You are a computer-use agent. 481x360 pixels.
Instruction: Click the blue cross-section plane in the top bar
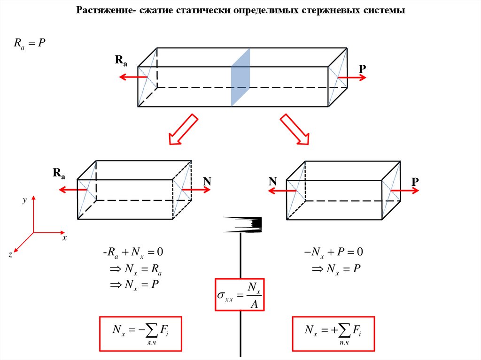tap(240, 77)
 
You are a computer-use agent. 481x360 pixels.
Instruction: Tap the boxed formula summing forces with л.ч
tap(140, 333)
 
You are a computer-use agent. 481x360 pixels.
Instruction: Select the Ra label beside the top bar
tap(120, 61)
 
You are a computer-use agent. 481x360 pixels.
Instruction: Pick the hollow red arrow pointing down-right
tap(295, 129)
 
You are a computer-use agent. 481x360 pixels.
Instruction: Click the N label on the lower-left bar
tap(207, 181)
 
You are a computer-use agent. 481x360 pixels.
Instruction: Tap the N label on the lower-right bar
tap(272, 181)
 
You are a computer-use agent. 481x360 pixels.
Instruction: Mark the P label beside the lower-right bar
tap(415, 181)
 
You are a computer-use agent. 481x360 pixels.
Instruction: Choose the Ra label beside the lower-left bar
tap(59, 174)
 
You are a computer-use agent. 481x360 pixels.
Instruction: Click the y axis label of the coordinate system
tap(24, 200)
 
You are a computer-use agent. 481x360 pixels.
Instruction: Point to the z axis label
tap(10, 254)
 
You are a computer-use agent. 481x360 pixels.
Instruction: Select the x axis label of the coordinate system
tap(65, 238)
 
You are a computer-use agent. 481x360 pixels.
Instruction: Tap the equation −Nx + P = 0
tap(334, 253)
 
